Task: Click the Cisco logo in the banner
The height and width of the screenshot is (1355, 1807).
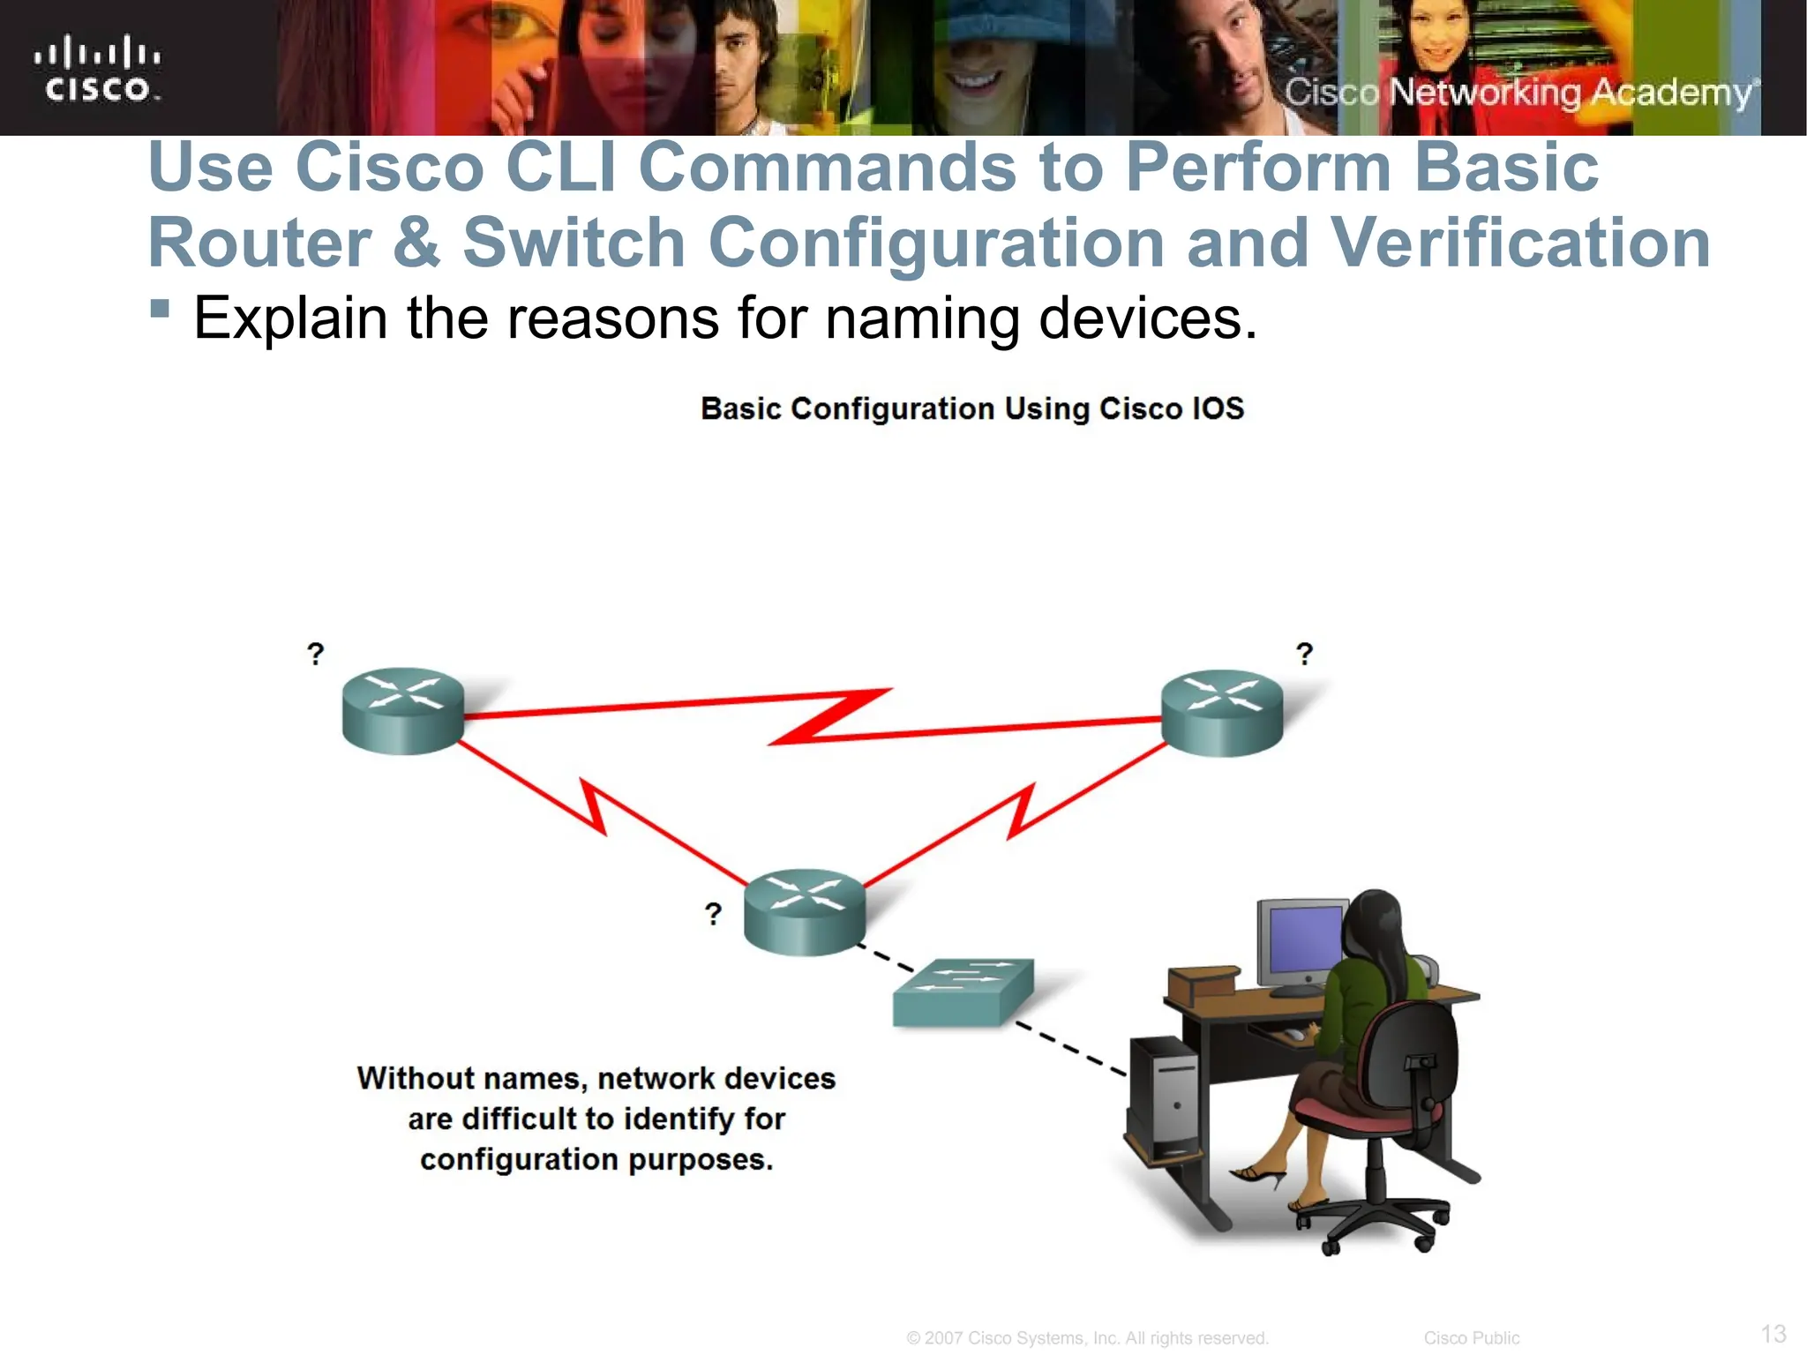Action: tap(97, 69)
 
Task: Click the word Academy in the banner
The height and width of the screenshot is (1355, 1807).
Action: tap(1670, 93)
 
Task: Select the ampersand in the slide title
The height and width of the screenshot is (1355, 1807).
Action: tap(416, 243)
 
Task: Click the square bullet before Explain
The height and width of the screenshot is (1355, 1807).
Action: tap(160, 308)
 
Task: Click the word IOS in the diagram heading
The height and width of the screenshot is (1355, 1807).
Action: tap(1217, 408)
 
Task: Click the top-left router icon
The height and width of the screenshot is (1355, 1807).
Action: tap(403, 710)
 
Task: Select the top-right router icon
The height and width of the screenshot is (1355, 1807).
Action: tap(1222, 713)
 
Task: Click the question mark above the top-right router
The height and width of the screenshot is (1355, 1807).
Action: tap(1304, 654)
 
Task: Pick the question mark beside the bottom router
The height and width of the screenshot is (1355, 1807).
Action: tap(713, 913)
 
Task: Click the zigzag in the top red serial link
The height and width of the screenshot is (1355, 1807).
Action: tap(829, 716)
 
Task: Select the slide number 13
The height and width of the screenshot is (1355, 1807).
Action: tap(1773, 1333)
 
